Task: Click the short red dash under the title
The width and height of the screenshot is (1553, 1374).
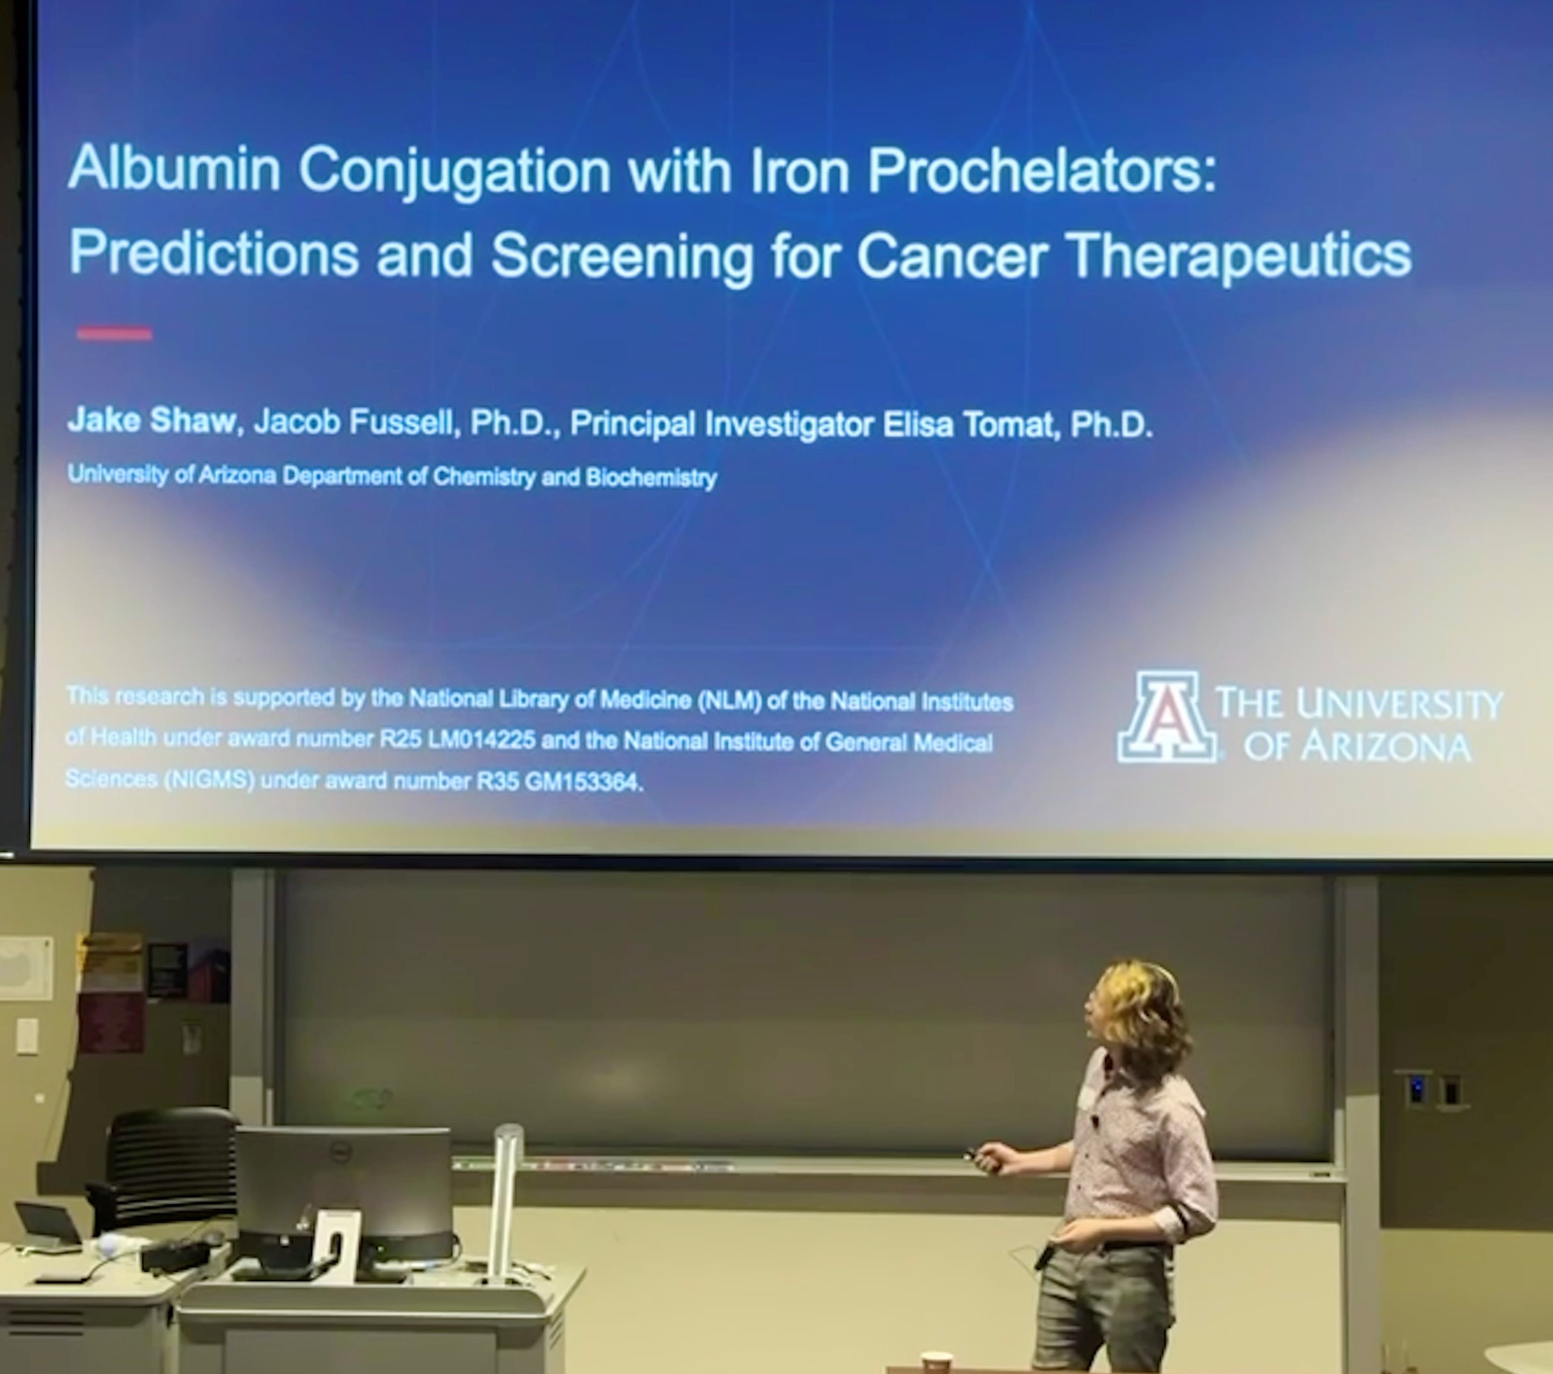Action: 114,333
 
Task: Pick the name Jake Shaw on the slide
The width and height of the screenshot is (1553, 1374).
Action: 152,420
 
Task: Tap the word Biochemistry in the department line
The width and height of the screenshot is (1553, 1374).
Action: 651,478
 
